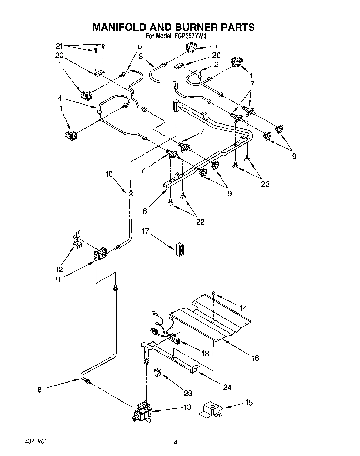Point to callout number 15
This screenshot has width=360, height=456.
tap(249, 403)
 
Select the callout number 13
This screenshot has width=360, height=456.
tap(187, 407)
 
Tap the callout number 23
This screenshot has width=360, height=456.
tap(188, 393)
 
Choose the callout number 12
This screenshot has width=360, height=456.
tap(59, 269)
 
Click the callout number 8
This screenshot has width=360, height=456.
tap(39, 389)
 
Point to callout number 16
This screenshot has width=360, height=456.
tap(254, 358)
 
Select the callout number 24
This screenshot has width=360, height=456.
tap(227, 387)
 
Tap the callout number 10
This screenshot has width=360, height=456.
tap(109, 174)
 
